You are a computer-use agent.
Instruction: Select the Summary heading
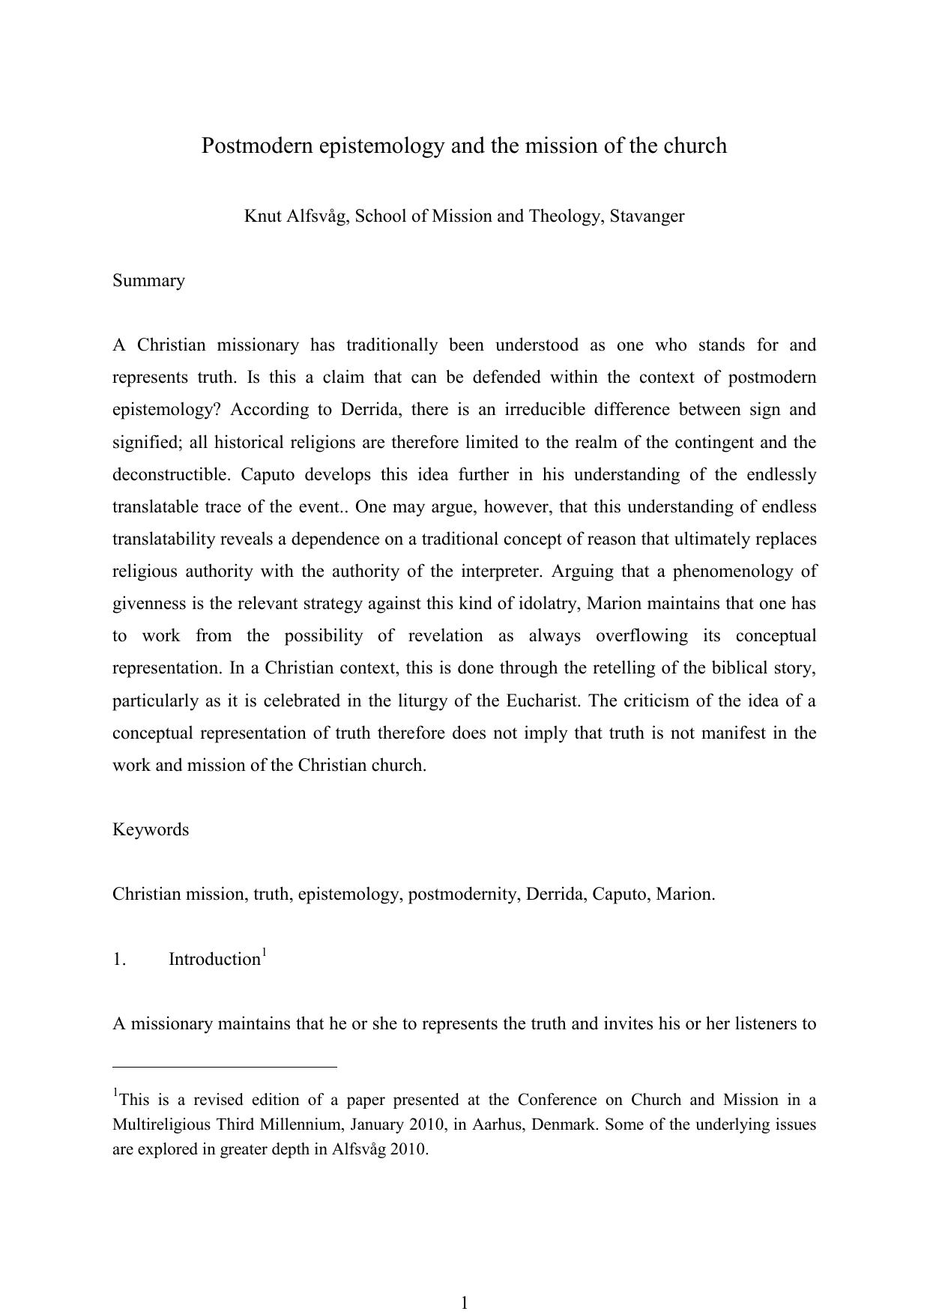click(x=148, y=281)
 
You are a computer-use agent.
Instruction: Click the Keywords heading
click(x=151, y=830)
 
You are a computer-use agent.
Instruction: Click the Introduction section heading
click(x=214, y=960)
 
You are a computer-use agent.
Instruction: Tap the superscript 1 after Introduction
click(x=264, y=952)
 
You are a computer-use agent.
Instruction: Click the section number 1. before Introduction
click(x=119, y=960)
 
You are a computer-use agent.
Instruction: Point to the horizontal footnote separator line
click(x=224, y=1066)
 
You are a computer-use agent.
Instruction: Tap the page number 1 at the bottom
click(x=464, y=1303)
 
